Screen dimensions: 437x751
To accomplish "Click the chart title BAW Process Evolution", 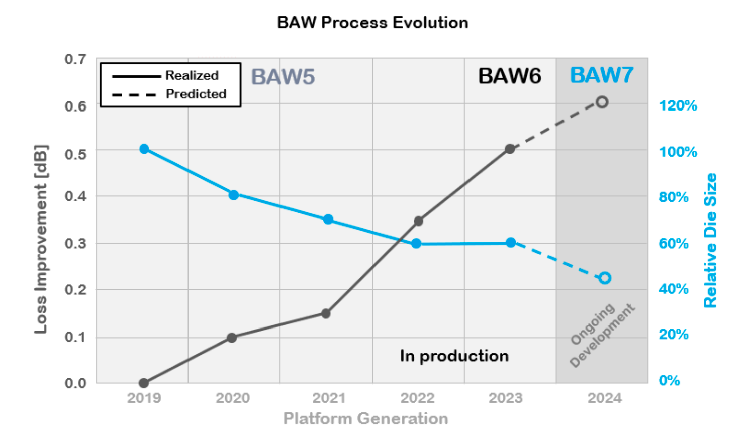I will tap(372, 23).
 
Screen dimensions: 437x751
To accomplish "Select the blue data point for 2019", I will tap(144, 149).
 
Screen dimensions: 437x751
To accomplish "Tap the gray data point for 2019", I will tap(144, 383).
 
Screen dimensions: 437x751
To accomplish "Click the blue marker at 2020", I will tap(234, 195).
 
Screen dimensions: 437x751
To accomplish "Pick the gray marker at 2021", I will tap(326, 313).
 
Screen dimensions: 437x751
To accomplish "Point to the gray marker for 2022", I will tap(418, 221).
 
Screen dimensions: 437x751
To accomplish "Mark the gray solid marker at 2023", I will tap(510, 149).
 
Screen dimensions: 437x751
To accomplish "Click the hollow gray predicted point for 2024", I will tap(602, 102).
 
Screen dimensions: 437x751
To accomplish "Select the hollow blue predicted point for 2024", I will tap(605, 278).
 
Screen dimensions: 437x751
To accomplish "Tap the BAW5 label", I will tap(283, 77).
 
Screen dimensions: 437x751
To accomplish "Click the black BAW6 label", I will tap(509, 76).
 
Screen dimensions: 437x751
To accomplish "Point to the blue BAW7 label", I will tap(601, 75).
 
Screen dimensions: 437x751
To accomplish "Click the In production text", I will tap(454, 356).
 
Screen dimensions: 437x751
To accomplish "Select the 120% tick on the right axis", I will tap(678, 105).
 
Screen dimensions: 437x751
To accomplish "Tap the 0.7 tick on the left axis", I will tap(75, 59).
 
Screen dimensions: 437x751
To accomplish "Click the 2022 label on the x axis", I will tap(417, 398).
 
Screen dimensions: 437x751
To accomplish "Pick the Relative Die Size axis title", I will tap(710, 240).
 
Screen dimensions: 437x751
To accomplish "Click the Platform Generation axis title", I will tap(365, 418).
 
